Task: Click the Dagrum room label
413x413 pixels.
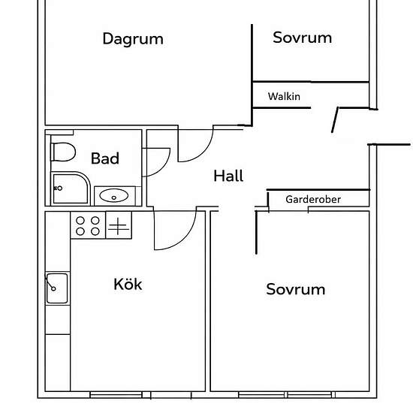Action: coord(133,39)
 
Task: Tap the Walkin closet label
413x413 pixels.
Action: coord(284,96)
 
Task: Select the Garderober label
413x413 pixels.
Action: coord(313,200)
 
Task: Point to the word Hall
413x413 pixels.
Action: coord(228,176)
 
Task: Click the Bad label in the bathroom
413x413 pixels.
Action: coord(105,158)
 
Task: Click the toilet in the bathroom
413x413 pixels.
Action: coord(63,152)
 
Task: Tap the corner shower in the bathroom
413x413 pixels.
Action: coord(71,188)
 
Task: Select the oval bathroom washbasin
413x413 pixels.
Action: coord(114,195)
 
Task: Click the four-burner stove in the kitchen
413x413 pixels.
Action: coord(88,225)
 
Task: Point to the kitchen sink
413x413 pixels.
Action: coord(57,288)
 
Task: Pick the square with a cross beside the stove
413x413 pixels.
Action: coord(119,225)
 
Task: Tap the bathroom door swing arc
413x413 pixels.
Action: coord(164,167)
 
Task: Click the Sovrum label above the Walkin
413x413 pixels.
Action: coord(302,38)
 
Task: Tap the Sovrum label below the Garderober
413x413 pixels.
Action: coord(296,289)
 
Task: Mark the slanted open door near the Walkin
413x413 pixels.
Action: coord(334,120)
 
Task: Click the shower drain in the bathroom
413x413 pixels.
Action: coord(60,188)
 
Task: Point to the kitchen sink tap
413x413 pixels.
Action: coord(50,283)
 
